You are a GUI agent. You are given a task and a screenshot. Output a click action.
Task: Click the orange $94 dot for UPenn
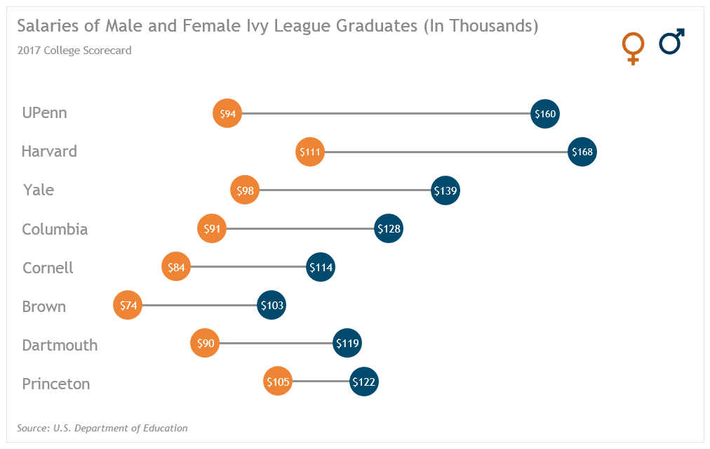(227, 114)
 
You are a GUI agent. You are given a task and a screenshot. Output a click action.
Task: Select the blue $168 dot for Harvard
(582, 152)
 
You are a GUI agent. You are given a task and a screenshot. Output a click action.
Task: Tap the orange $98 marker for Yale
(245, 190)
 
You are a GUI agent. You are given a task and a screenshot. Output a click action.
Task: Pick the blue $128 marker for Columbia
(389, 229)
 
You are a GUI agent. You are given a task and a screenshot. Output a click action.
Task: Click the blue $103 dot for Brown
(272, 306)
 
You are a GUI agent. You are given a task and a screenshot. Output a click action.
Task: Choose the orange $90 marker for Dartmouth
(205, 344)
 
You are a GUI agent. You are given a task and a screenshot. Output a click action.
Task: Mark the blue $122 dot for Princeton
(364, 382)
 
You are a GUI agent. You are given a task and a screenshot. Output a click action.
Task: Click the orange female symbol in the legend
(633, 48)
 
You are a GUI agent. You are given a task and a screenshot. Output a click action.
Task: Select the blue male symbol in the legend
(671, 43)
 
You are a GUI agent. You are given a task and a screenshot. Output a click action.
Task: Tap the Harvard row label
(49, 152)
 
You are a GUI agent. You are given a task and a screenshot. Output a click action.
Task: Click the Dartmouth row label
(60, 345)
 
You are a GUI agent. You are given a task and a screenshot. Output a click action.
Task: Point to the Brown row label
(43, 306)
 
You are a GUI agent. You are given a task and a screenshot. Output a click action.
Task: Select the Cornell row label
(48, 268)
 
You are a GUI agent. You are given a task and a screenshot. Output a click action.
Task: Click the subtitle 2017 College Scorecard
(74, 51)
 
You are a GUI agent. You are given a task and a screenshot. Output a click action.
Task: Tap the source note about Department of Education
(102, 428)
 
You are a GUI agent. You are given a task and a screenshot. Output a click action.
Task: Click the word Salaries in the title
(45, 27)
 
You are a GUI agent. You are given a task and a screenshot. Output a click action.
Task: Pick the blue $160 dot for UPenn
(545, 114)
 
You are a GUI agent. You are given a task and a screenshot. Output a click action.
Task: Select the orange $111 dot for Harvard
(310, 152)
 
